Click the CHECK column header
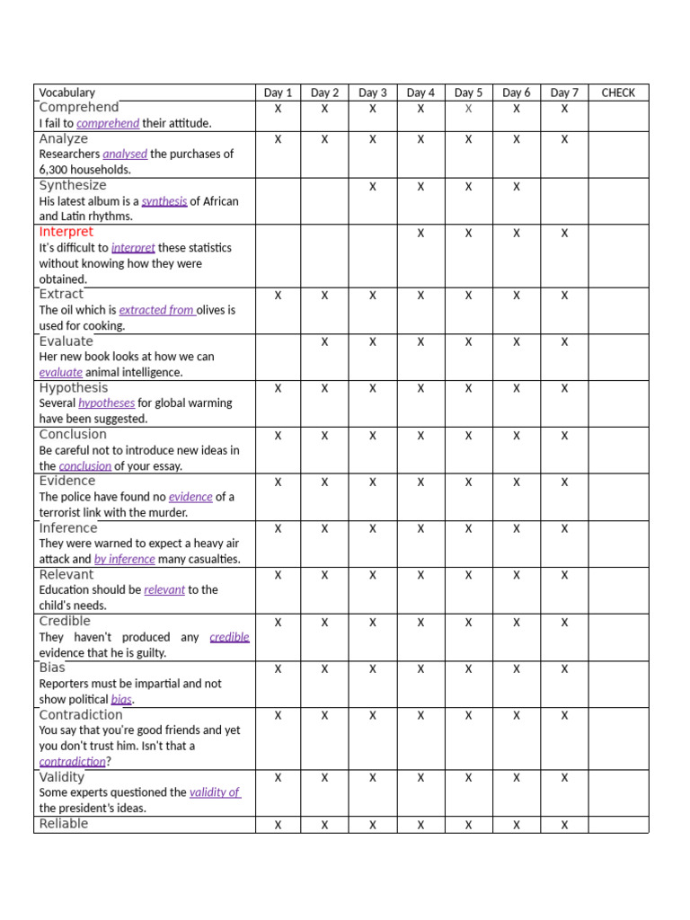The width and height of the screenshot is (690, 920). coord(617,93)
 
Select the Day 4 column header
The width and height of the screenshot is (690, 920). coord(420,93)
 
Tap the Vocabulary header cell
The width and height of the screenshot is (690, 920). coord(66,93)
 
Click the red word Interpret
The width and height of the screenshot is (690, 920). coord(66,232)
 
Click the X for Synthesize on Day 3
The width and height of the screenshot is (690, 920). coord(373,186)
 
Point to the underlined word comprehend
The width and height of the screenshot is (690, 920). coord(108,123)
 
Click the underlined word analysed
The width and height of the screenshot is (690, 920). coord(125,154)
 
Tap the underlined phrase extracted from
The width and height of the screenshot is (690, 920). coord(157,310)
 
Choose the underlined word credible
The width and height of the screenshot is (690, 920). coord(229,637)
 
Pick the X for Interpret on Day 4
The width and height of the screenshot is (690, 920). coord(420,233)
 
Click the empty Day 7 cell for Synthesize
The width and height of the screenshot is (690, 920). coord(564,200)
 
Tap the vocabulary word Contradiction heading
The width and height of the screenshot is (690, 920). coord(81,715)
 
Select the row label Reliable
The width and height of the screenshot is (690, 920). coord(64,824)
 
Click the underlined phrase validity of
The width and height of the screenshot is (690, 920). coord(215,792)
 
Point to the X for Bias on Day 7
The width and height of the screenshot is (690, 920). coord(564,669)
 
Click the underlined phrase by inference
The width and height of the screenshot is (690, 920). coord(125,559)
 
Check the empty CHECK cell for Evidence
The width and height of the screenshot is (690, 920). coord(617,497)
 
